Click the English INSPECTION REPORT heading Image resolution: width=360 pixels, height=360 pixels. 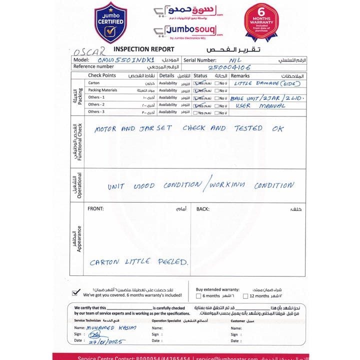pos(143,49)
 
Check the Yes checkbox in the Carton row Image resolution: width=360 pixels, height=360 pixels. pos(196,83)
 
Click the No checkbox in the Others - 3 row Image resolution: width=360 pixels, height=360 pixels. pos(216,112)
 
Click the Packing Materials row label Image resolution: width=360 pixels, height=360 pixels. pos(102,90)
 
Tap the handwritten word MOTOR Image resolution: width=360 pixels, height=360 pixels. pos(105,129)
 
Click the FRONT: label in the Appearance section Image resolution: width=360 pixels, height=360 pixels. pos(95,209)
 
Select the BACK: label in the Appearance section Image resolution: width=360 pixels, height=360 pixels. pos(202,209)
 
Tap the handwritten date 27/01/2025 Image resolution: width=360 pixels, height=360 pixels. pos(105,341)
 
